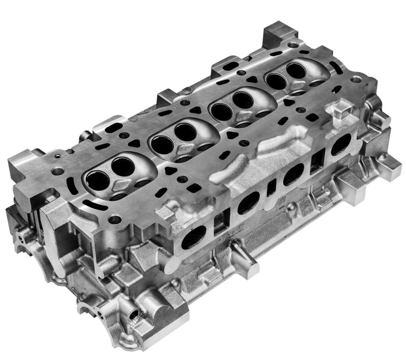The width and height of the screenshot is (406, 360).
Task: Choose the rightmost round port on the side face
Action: click(x=341, y=146)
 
